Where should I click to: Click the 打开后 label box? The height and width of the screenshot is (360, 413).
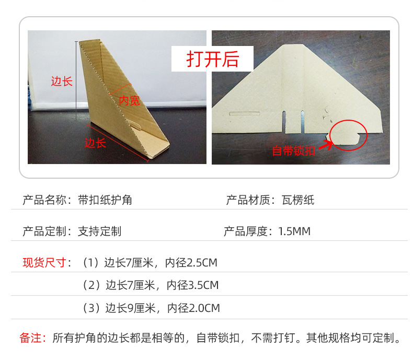pos(213,59)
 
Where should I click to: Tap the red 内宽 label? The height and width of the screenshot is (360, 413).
pos(130,100)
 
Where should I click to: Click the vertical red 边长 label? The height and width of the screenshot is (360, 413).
pos(61,81)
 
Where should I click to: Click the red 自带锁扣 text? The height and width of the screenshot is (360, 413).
pos(294,150)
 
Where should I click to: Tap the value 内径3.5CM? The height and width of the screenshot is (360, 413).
pos(192,285)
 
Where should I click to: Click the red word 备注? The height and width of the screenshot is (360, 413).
pos(32,338)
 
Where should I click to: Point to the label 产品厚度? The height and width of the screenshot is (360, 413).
pos(245,231)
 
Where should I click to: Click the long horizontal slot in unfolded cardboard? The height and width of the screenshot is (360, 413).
pos(245,113)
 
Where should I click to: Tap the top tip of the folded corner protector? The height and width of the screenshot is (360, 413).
pos(82,43)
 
